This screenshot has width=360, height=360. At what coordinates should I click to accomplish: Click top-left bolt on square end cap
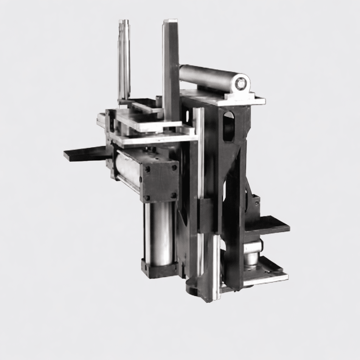coord(147,169)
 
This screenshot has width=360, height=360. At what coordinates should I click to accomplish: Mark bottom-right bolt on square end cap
coord(173,195)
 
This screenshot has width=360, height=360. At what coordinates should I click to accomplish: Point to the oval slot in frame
coord(229,126)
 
